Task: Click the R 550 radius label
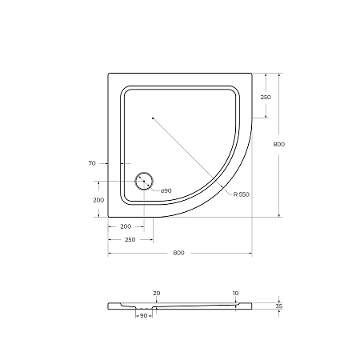[242, 195]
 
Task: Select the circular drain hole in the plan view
[145, 182]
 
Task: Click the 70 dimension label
[92, 162]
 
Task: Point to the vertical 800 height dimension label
[278, 145]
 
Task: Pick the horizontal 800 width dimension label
[178, 253]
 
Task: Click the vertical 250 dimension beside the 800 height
[265, 97]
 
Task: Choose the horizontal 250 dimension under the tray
[130, 239]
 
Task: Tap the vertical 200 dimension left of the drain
[98, 199]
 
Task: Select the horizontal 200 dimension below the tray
[126, 227]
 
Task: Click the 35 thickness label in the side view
[278, 306]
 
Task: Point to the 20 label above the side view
[156, 294]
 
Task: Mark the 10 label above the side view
[235, 294]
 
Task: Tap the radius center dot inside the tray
[151, 118]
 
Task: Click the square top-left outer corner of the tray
[109, 74]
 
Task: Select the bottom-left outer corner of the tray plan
[109, 216]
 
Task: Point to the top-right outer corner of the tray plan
[251, 74]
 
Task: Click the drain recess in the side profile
[144, 308]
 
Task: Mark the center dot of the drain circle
[145, 182]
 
